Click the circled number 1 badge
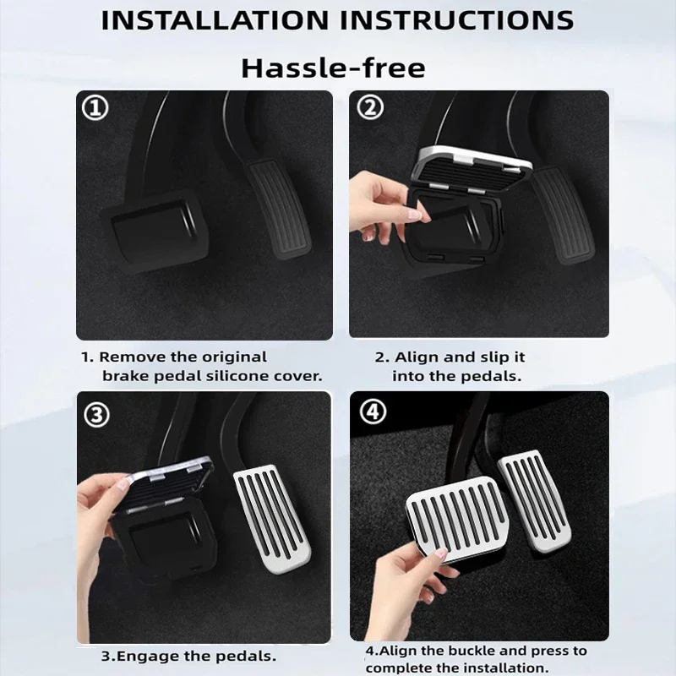tap(95, 108)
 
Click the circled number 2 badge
tap(370, 107)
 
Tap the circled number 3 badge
tap(96, 414)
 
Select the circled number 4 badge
tap(373, 412)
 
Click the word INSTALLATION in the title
tap(215, 19)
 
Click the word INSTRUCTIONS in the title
tap(457, 19)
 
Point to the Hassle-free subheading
tap(333, 68)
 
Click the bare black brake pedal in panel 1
tap(155, 231)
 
